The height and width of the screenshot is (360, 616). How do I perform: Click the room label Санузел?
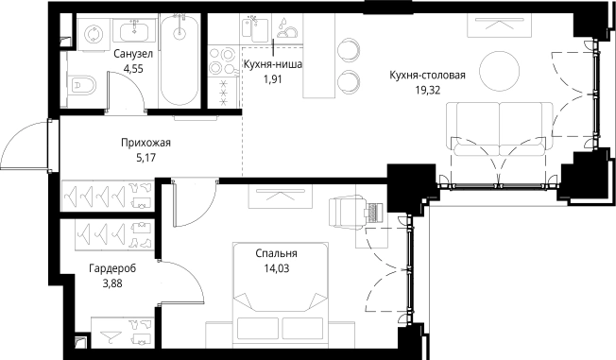click(x=128, y=54)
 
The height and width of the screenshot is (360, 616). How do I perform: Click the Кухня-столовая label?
click(x=428, y=76)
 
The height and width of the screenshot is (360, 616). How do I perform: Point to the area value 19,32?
click(x=428, y=90)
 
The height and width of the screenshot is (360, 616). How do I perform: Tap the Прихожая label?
click(x=145, y=143)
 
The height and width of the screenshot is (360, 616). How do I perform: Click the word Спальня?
click(x=276, y=253)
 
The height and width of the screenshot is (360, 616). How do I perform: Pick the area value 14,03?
click(x=276, y=267)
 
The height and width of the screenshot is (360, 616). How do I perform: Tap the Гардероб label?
click(x=112, y=268)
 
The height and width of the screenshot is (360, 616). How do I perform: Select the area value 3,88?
click(x=112, y=283)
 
